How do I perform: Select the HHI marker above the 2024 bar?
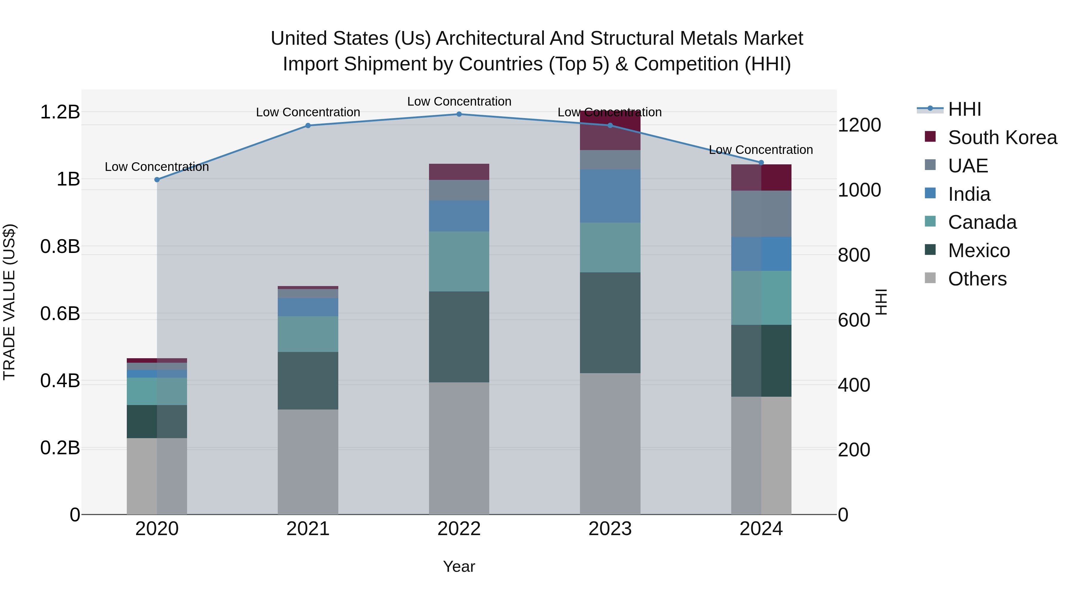[761, 163]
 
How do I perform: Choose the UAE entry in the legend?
[968, 166]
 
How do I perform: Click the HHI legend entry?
[964, 109]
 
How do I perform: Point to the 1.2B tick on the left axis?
[60, 112]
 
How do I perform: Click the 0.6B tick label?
[60, 313]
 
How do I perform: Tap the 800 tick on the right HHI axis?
[854, 255]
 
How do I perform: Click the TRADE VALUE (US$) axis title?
[10, 302]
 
